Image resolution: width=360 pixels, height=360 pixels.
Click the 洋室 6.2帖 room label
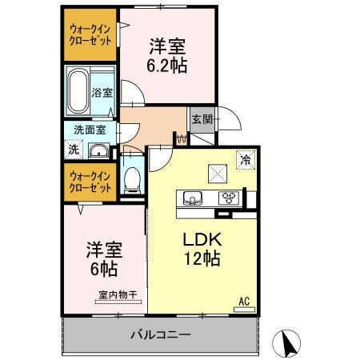[167, 56]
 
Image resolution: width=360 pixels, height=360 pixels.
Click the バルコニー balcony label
[160, 334]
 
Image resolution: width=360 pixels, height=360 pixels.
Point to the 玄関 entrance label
[201, 119]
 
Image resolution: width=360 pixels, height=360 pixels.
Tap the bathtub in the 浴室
[80, 89]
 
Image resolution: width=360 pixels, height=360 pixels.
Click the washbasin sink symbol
[99, 151]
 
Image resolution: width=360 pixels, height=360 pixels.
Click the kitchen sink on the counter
[194, 198]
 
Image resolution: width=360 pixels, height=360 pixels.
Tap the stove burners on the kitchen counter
[229, 198]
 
